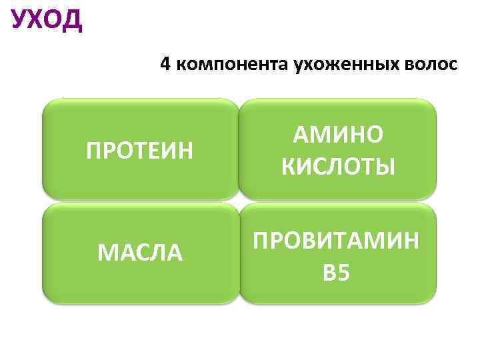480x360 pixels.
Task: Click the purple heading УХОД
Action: click(x=47, y=20)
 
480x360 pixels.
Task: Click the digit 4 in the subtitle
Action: click(x=165, y=65)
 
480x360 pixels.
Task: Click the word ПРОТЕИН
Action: click(x=140, y=150)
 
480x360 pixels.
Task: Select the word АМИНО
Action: click(x=338, y=135)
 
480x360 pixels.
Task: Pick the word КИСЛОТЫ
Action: click(x=338, y=165)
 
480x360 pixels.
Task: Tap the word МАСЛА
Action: click(x=140, y=253)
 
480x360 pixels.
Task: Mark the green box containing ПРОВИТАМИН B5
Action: click(x=338, y=294)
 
